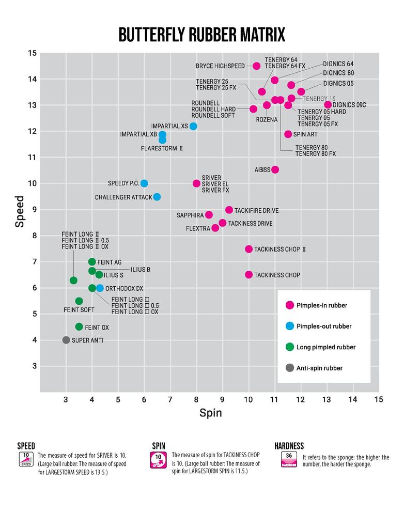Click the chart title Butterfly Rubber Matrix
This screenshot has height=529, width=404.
[x=201, y=35]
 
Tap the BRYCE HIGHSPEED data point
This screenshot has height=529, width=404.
[x=257, y=66]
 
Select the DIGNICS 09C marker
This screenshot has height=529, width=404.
[x=328, y=105]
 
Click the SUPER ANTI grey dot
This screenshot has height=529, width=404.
[x=66, y=340]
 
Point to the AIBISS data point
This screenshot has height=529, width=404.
[x=275, y=169]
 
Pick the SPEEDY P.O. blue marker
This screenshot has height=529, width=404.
[x=144, y=183]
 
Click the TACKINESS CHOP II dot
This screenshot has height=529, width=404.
[x=248, y=249]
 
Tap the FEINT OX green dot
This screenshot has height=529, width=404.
[x=79, y=326]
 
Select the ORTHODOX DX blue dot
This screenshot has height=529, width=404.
[x=100, y=288]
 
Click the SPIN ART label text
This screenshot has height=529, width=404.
[x=305, y=134]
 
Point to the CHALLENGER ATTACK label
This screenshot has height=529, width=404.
[x=123, y=197]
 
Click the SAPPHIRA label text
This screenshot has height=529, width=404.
[x=190, y=215]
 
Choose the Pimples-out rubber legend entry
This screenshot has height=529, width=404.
[x=323, y=326]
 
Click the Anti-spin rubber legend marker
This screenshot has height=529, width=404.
[x=289, y=368]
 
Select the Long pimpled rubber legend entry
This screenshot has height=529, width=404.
[x=325, y=347]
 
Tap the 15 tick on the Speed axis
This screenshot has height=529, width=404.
[x=32, y=53]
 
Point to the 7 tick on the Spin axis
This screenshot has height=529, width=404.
[x=170, y=399]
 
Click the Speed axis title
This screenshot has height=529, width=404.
[x=20, y=211]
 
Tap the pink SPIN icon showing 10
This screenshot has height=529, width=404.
[x=158, y=460]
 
